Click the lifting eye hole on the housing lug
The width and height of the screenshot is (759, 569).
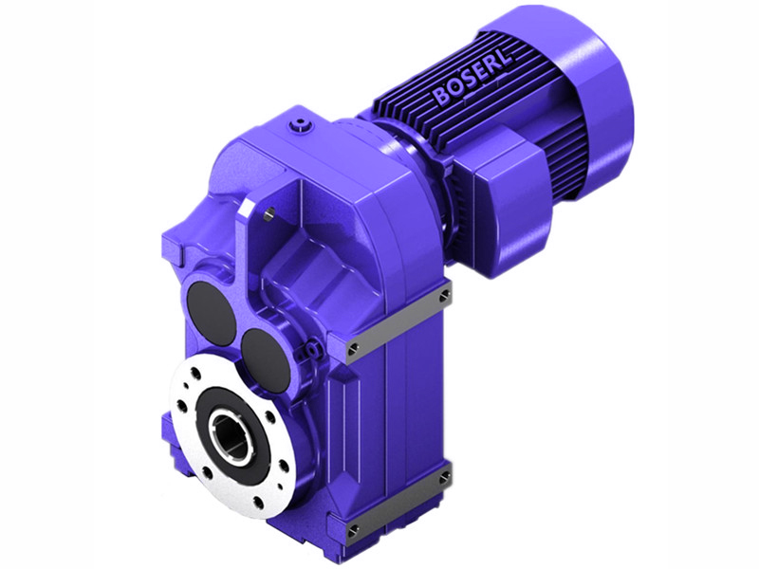(270, 214)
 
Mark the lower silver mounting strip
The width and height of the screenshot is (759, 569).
(398, 500)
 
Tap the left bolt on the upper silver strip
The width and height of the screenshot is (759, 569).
(352, 350)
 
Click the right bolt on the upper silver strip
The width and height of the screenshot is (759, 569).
(444, 296)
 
